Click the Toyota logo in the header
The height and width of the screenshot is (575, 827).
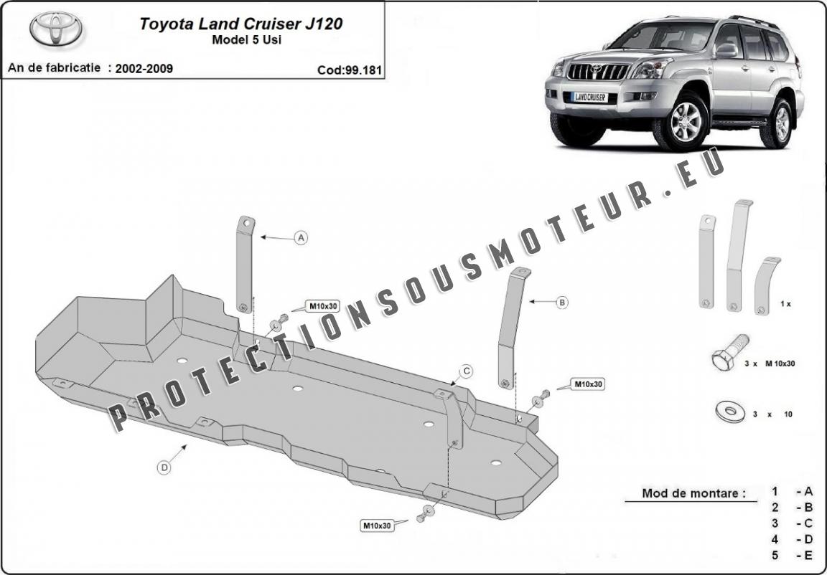[x=56, y=29]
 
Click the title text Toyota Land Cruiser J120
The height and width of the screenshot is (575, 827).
[x=241, y=24]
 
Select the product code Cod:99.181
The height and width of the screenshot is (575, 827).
[x=349, y=70]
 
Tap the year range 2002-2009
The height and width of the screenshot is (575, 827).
[x=144, y=68]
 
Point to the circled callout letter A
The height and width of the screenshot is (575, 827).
[x=302, y=238]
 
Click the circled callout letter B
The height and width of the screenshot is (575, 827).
[x=562, y=303]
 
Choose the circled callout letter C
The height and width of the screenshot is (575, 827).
[x=467, y=372]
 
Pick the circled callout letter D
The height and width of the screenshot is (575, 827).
[x=164, y=467]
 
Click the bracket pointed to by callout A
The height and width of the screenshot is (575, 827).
[x=246, y=265]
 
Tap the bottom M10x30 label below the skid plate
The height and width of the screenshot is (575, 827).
[x=378, y=525]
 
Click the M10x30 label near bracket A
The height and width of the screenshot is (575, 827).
[x=323, y=306]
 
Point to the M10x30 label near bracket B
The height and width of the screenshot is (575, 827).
[x=587, y=384]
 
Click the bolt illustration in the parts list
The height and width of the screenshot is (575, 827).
[x=729, y=351]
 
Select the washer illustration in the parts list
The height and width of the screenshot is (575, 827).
[x=731, y=412]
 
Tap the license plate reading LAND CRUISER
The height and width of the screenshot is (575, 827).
[x=589, y=98]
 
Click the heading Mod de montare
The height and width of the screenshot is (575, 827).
[x=694, y=493]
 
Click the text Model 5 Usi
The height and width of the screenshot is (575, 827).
[x=246, y=40]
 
